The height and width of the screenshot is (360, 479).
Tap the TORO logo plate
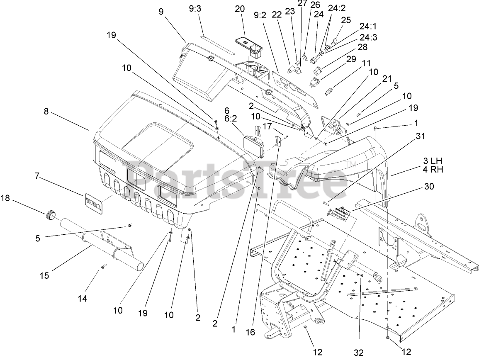tap(94, 204)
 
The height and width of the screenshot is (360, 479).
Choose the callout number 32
tap(359, 353)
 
